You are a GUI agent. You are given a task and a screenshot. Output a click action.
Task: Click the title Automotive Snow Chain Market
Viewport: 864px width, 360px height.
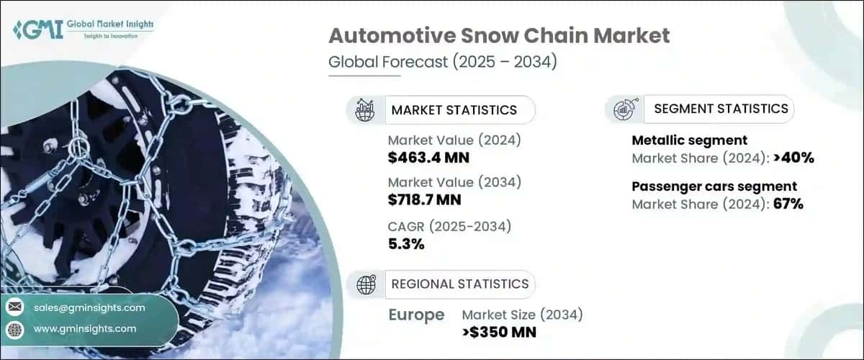(500, 35)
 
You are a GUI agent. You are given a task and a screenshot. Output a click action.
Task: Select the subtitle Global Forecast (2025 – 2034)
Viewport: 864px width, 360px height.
(442, 63)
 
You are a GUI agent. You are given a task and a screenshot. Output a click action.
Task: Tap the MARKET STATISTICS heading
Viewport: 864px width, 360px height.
(454, 110)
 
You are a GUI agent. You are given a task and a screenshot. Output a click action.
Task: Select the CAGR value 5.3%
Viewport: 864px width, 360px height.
(406, 244)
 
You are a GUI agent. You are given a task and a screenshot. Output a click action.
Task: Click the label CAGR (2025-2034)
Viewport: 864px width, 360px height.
(449, 227)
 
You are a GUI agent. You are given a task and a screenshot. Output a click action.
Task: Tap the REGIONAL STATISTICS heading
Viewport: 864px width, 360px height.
(459, 284)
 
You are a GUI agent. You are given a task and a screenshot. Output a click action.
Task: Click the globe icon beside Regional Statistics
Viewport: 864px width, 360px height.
(366, 284)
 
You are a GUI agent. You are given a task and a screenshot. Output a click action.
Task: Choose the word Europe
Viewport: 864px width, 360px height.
(416, 315)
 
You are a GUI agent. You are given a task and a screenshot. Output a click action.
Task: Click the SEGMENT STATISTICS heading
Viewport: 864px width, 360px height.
(721, 109)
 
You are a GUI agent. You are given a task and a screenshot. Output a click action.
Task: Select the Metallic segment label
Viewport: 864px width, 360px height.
(690, 140)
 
